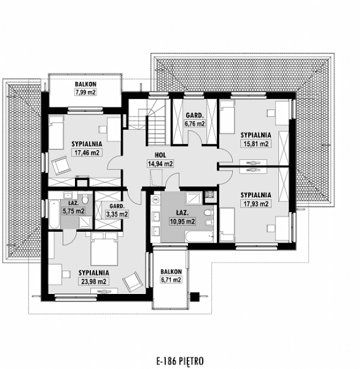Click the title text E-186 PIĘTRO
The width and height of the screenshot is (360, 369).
tap(179, 360)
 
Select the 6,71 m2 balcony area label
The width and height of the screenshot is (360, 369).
tap(170, 279)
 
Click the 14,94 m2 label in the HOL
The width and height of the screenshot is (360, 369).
tap(160, 163)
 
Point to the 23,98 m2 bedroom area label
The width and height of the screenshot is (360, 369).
tap(93, 281)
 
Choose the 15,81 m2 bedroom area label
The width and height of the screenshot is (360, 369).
tap(255, 143)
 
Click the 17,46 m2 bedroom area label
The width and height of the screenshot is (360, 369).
tap(86, 152)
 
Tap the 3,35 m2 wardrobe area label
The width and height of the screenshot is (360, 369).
tap(117, 214)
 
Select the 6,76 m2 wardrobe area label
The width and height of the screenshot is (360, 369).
tap(195, 123)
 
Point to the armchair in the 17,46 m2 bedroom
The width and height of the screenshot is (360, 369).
tap(60, 166)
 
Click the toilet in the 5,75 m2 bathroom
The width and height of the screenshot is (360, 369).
tap(84, 201)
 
